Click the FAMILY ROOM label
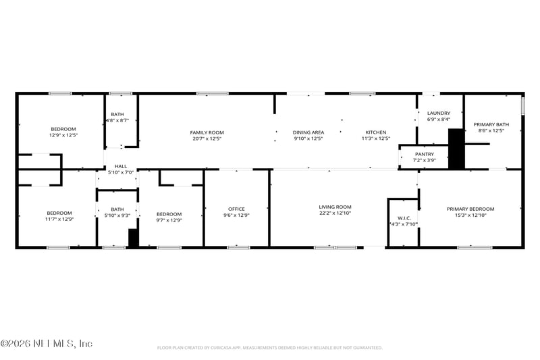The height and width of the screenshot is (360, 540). click(x=207, y=132)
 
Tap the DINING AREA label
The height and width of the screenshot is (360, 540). click(x=308, y=132)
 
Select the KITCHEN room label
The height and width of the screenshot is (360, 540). click(x=376, y=132)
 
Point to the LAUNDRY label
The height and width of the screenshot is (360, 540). click(x=439, y=113)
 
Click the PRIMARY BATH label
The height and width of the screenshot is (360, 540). click(x=491, y=124)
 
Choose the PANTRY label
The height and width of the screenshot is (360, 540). click(x=424, y=154)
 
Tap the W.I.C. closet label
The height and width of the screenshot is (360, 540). click(x=404, y=218)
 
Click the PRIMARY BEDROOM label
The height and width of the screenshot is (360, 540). click(x=470, y=209)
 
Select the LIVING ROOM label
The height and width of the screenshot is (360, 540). click(x=335, y=207)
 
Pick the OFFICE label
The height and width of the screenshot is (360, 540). click(x=236, y=209)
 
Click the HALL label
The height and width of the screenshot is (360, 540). click(x=121, y=166)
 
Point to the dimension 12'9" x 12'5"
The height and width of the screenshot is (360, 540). click(x=63, y=135)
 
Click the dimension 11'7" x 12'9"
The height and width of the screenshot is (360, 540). click(x=59, y=220)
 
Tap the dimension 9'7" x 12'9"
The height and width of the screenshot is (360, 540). click(x=169, y=220)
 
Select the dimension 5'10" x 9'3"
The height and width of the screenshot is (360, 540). click(x=117, y=215)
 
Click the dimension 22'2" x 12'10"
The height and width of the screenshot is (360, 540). click(x=335, y=213)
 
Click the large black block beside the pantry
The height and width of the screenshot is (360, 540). click(x=457, y=149)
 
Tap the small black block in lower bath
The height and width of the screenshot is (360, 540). click(x=133, y=238)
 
